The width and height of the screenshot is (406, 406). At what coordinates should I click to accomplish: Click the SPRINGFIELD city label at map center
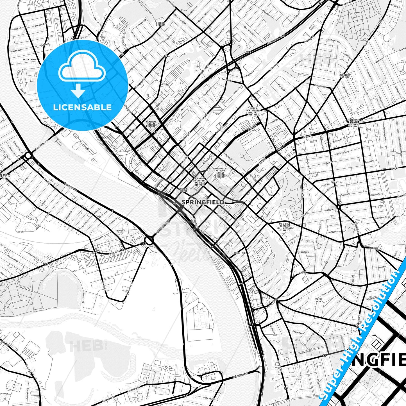click(203, 202)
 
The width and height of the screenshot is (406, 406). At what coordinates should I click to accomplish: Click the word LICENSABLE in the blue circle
click(82, 107)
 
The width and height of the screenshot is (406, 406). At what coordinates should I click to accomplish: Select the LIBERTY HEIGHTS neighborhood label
click(161, 24)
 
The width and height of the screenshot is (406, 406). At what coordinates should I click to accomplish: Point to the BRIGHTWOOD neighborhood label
click(29, 60)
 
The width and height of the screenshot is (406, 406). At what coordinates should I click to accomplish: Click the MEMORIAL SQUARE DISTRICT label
click(151, 124)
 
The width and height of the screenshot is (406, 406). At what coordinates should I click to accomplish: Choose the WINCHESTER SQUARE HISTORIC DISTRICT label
click(353, 123)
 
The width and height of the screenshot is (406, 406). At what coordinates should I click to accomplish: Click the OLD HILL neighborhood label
click(336, 182)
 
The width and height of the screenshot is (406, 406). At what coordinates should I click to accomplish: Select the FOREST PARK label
click(318, 300)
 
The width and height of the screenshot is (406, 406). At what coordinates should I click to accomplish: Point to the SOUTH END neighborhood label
click(239, 253)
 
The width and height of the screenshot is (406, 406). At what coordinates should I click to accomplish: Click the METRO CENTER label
click(183, 190)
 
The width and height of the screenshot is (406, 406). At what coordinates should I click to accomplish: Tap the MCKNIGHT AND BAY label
click(345, 76)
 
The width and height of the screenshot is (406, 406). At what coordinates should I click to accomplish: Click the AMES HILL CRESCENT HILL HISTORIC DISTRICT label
click(285, 227)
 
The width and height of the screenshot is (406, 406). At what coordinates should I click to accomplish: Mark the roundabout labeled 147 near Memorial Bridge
click(149, 240)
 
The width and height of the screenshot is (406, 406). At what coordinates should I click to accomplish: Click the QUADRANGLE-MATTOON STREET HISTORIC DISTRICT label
click(220, 173)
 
